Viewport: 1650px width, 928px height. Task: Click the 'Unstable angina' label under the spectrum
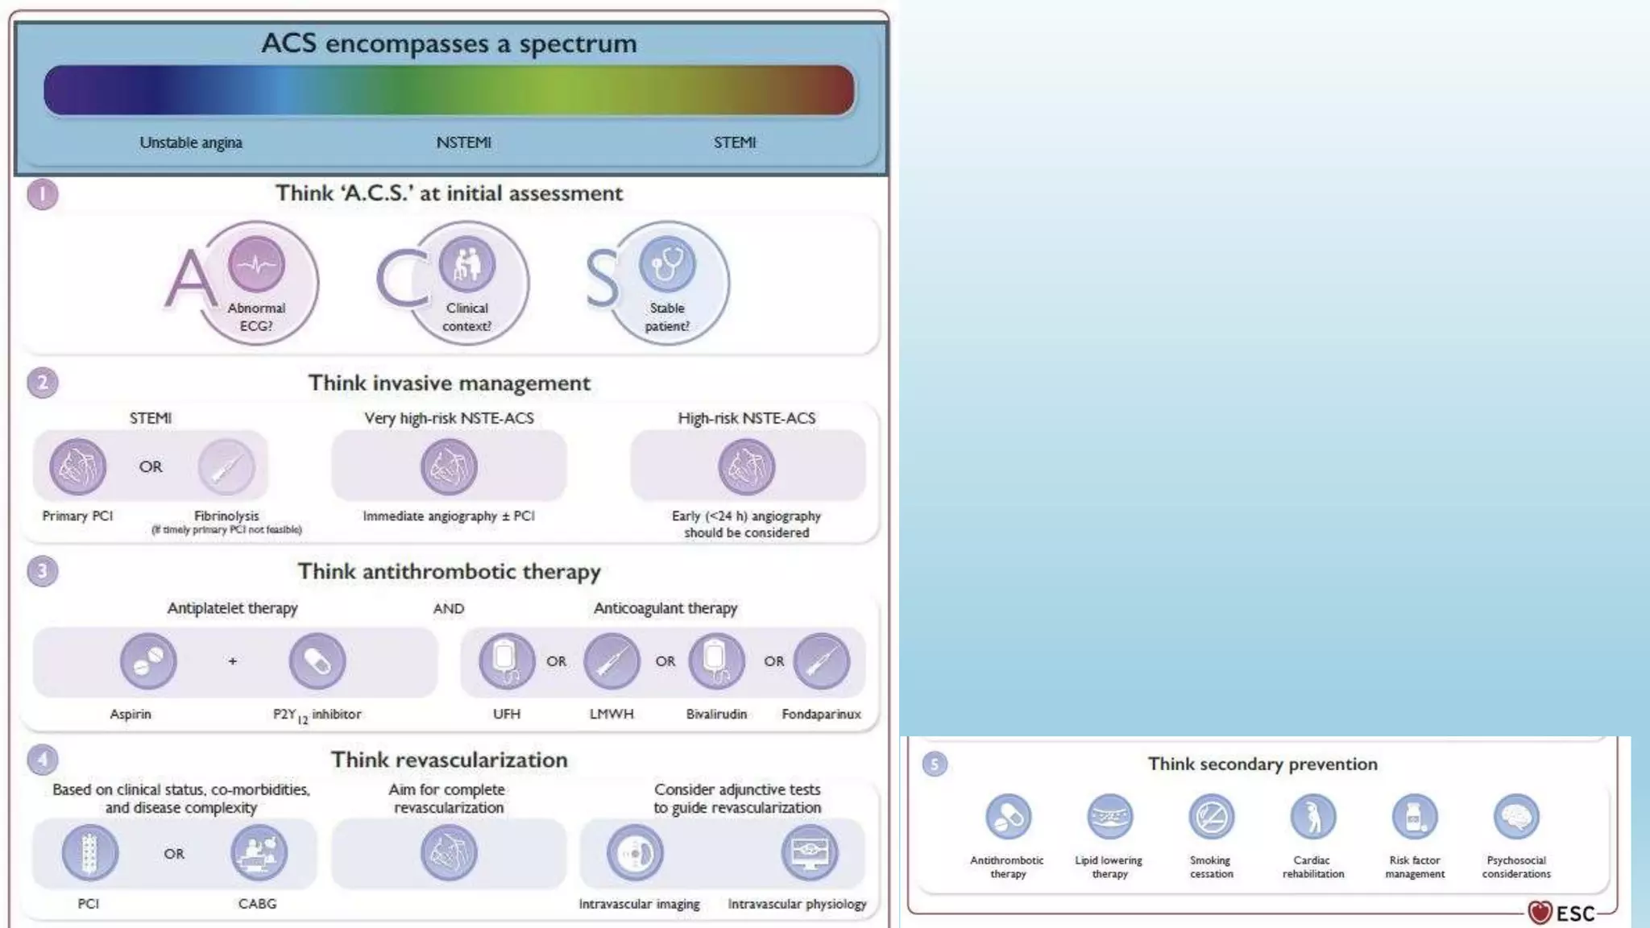tap(191, 143)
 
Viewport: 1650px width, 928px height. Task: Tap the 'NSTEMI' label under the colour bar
tap(463, 143)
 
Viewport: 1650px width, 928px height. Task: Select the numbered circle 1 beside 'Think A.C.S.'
tap(43, 194)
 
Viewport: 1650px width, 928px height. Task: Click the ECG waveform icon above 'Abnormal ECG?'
tap(256, 263)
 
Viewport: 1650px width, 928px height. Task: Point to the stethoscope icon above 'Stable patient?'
tap(666, 263)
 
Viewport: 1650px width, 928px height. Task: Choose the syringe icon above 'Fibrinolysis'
tap(226, 466)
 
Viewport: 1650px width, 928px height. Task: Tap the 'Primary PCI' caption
tap(77, 516)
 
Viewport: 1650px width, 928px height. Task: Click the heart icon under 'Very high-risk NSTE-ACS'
tap(449, 466)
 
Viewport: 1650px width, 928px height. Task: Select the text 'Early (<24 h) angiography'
tap(746, 516)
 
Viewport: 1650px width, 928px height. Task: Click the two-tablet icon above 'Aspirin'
tap(148, 661)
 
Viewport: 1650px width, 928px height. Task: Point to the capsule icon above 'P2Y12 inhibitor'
tap(317, 661)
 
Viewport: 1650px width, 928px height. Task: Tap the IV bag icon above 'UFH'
tap(507, 661)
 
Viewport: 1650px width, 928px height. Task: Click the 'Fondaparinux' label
tap(821, 714)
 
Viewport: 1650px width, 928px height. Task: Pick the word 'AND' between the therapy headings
tap(449, 609)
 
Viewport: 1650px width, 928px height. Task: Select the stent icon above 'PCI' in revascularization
tap(89, 852)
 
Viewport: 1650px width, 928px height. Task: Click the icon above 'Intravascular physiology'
tap(810, 852)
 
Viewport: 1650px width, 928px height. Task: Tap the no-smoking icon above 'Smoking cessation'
tap(1212, 817)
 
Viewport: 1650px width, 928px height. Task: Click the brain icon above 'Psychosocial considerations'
tap(1516, 817)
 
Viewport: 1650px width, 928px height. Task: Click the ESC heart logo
tap(1540, 913)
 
